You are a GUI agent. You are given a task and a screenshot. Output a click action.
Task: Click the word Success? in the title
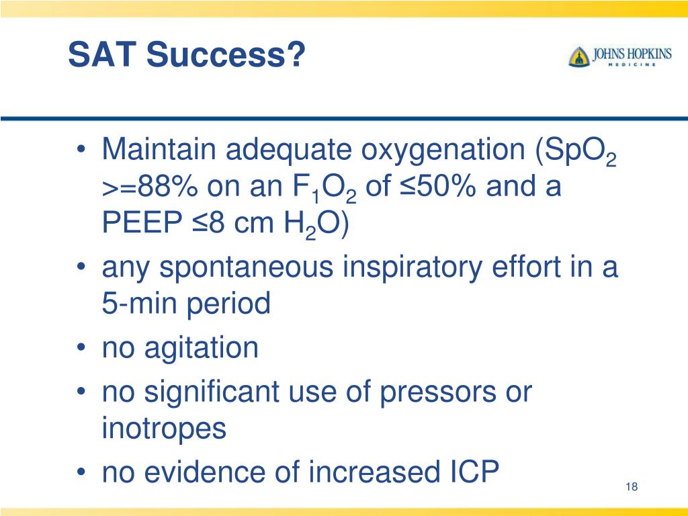(x=226, y=54)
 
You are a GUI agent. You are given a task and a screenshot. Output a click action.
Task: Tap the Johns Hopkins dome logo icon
(x=578, y=56)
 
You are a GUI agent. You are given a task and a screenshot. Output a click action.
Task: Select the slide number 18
(x=632, y=486)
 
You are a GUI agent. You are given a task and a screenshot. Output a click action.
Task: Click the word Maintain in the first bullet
(x=159, y=148)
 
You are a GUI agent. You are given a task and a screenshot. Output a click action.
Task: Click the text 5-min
(x=139, y=303)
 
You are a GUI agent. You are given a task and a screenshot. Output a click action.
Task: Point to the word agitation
(x=202, y=349)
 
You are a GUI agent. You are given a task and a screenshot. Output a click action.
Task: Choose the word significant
(x=212, y=392)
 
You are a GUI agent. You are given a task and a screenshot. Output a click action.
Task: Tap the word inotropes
(x=164, y=428)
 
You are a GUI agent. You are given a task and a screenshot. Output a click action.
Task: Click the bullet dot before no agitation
(x=81, y=348)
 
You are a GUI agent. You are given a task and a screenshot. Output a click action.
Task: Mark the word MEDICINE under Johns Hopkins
(x=632, y=64)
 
